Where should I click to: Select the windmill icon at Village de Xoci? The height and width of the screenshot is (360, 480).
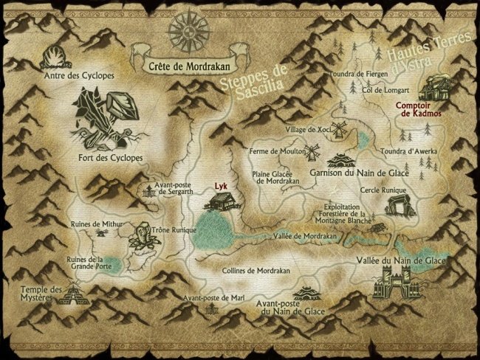coord(340,129)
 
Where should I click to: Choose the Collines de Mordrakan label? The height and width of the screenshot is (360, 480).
coord(256,271)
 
